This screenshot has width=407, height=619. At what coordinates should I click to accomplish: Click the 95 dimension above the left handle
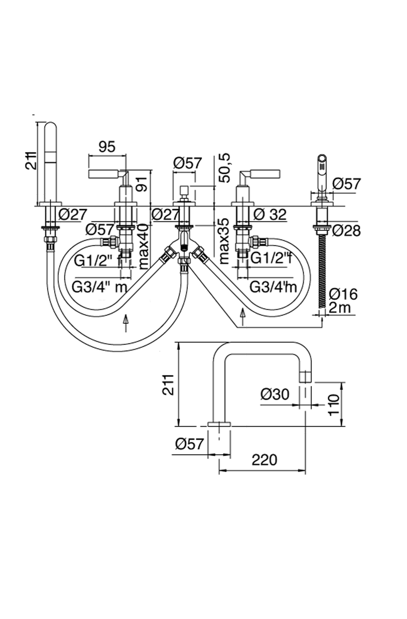tap(107, 147)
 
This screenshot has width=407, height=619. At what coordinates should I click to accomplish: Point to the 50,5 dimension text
tap(225, 168)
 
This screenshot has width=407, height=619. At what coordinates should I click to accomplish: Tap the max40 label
tap(143, 247)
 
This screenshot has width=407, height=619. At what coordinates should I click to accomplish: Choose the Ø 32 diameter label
tap(270, 215)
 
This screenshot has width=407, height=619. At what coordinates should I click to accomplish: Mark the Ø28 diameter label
tap(346, 230)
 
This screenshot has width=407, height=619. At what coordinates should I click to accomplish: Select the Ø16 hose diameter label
tap(343, 294)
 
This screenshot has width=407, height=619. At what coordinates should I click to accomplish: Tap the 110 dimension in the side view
tap(333, 405)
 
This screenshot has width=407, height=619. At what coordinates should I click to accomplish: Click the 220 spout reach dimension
tap(264, 460)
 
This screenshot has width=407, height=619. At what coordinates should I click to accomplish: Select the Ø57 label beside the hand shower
tap(347, 184)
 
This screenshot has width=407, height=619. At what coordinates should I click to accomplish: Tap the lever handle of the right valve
tap(265, 173)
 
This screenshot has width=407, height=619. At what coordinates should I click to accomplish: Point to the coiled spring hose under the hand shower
tap(322, 271)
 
